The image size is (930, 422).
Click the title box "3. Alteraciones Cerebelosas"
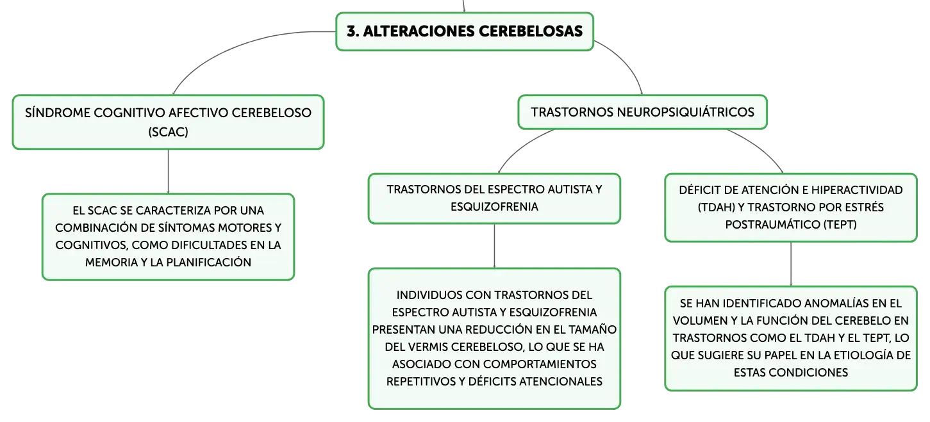pyautogui.click(x=465, y=31)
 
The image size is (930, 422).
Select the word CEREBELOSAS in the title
pyautogui.click(x=531, y=31)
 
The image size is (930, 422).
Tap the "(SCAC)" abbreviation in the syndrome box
pyautogui.click(x=168, y=132)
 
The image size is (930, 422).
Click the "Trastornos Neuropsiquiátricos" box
pyautogui.click(x=642, y=112)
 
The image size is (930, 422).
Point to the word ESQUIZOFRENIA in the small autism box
pyautogui.click(x=494, y=207)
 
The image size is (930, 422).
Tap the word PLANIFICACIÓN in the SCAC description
pyautogui.click(x=209, y=263)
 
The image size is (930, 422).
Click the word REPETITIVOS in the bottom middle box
pyautogui.click(x=420, y=381)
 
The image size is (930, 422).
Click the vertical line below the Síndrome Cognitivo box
pyautogui.click(x=168, y=172)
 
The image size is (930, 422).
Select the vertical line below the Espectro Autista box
pyautogui.click(x=494, y=246)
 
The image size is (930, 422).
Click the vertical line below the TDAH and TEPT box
pyautogui.click(x=790, y=264)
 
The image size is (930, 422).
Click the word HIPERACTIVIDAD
pyautogui.click(x=857, y=190)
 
